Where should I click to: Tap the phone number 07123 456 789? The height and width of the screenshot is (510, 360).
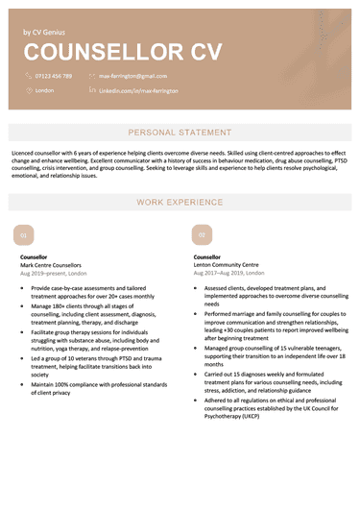coord(53,75)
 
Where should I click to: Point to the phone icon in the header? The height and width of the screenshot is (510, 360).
coord(27,75)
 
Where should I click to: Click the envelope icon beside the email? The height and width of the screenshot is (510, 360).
coord(92,75)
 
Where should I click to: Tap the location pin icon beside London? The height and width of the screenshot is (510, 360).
coord(27,89)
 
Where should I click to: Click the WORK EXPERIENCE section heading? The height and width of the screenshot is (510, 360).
coord(180,203)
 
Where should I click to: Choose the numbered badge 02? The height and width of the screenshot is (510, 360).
coord(202,234)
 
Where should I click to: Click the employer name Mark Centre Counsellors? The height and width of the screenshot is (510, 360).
coord(51,265)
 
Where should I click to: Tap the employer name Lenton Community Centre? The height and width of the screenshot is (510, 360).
coord(226,265)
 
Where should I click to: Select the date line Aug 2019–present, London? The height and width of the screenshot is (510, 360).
coord(60,274)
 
